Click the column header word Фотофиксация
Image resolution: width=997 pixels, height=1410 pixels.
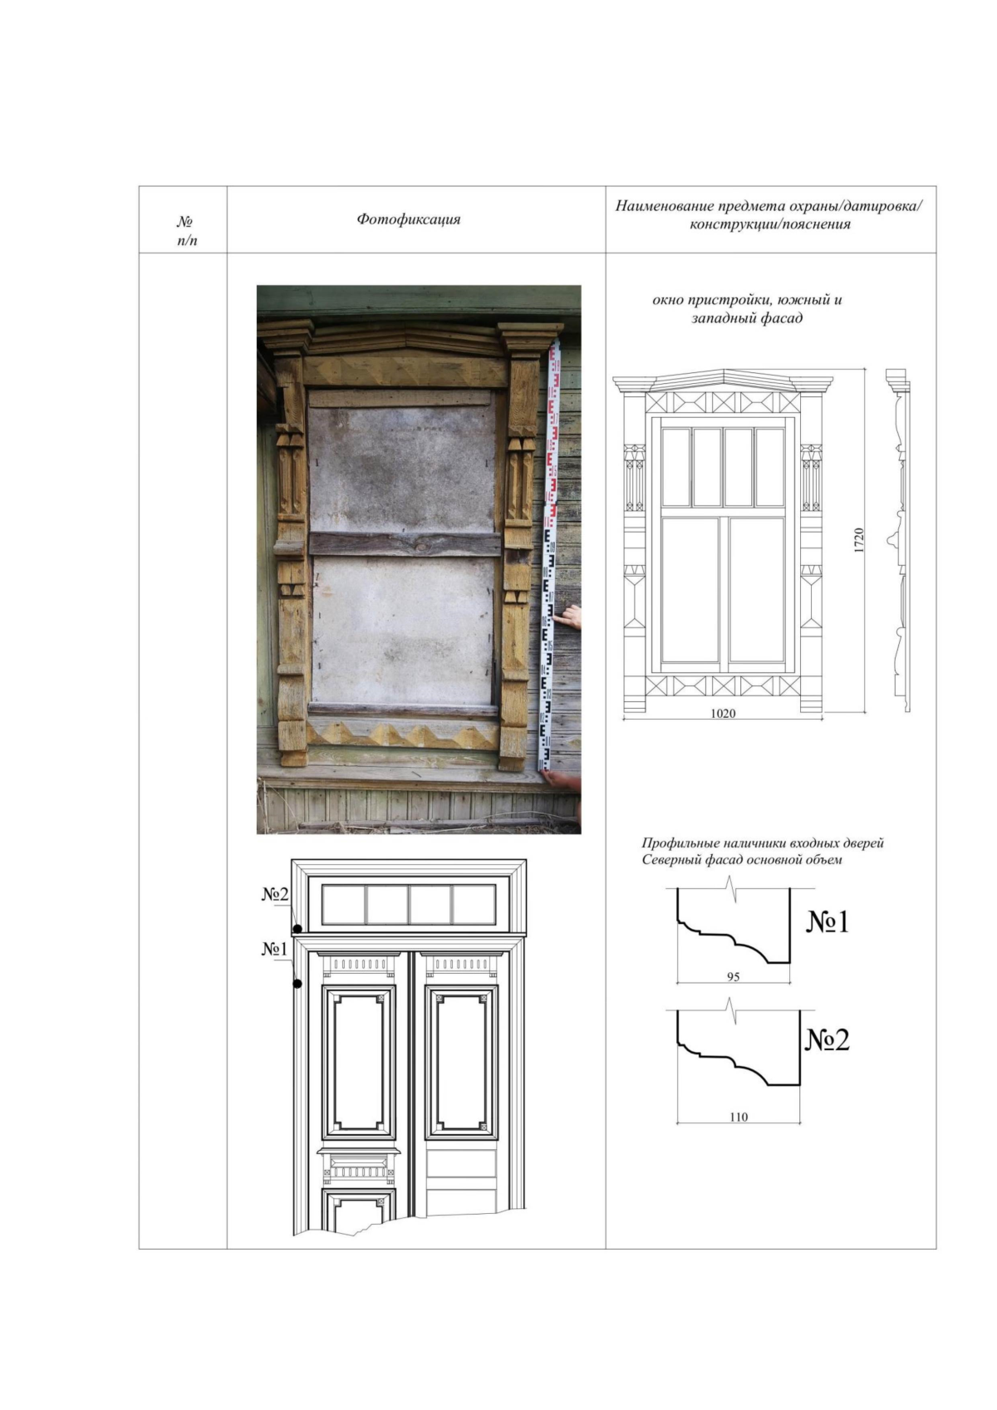click(x=409, y=219)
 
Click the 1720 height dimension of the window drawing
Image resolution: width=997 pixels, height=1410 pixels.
click(x=858, y=540)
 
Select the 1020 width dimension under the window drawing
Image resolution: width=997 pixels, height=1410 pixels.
click(x=723, y=713)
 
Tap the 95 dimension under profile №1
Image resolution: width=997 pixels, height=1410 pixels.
click(x=733, y=977)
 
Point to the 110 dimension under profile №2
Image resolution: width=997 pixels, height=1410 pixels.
click(x=739, y=1117)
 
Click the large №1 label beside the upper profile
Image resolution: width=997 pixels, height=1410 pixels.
click(x=828, y=922)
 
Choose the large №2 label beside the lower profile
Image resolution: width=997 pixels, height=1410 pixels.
click(x=828, y=1039)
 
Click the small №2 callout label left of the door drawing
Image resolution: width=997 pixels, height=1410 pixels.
click(x=274, y=895)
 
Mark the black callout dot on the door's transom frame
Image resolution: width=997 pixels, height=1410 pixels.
click(x=297, y=928)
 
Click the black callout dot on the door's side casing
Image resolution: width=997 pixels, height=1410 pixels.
click(x=297, y=983)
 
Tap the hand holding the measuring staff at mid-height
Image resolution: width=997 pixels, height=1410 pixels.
click(x=571, y=617)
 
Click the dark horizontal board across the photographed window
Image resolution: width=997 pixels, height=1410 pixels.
click(x=405, y=544)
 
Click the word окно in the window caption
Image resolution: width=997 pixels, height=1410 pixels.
click(x=667, y=300)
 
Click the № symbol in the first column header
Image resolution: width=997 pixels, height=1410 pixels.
click(x=184, y=222)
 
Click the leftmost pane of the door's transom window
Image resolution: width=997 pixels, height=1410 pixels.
click(x=344, y=905)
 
